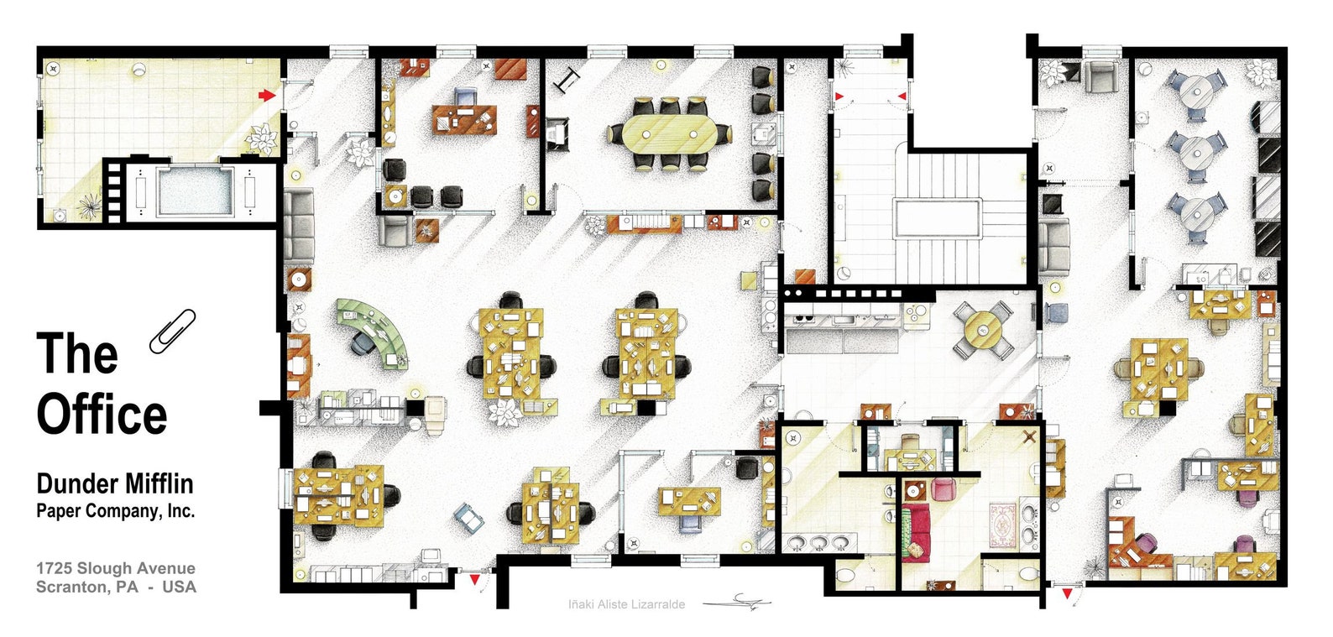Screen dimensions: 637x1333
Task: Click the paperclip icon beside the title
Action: pos(172,331)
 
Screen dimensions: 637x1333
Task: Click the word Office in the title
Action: pos(102,415)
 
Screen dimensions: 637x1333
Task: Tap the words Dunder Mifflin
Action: pos(114,483)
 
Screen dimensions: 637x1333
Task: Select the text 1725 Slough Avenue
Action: pos(115,568)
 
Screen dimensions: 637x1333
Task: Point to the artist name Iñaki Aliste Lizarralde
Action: pos(626,603)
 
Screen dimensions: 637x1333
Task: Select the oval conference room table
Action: pos(669,133)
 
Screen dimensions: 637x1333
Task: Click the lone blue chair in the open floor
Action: pos(469,518)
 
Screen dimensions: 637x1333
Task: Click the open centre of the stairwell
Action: pos(937,218)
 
